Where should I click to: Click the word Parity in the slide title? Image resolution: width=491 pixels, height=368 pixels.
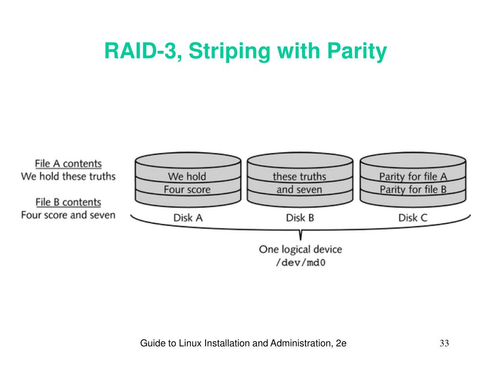tap(357, 51)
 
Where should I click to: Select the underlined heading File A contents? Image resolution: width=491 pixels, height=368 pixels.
tap(68, 164)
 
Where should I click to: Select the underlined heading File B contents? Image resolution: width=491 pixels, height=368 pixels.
tap(68, 202)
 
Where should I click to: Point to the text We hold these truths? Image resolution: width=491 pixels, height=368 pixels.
tap(68, 176)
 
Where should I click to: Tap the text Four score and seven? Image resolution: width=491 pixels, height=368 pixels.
tap(68, 215)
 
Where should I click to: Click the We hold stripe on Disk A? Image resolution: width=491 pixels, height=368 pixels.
tap(187, 176)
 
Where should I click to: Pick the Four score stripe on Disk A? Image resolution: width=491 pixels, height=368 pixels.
tap(187, 189)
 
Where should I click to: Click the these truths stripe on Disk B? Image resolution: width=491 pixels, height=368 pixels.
tap(299, 176)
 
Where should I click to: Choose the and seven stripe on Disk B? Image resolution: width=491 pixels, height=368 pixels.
tap(299, 189)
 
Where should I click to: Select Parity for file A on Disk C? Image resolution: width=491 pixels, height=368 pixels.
tap(413, 176)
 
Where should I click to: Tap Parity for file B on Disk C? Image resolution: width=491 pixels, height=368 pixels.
tap(413, 189)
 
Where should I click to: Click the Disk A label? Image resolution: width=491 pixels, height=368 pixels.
tap(188, 218)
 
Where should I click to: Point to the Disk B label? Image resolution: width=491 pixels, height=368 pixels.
tap(300, 218)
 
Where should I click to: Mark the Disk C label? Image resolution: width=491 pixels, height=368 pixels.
tap(413, 218)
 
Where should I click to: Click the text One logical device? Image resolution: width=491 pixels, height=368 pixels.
tap(300, 249)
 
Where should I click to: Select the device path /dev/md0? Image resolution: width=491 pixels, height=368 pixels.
tap(300, 262)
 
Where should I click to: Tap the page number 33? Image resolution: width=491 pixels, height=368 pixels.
tap(444, 343)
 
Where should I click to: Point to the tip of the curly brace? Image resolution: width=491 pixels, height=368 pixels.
tap(301, 240)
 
